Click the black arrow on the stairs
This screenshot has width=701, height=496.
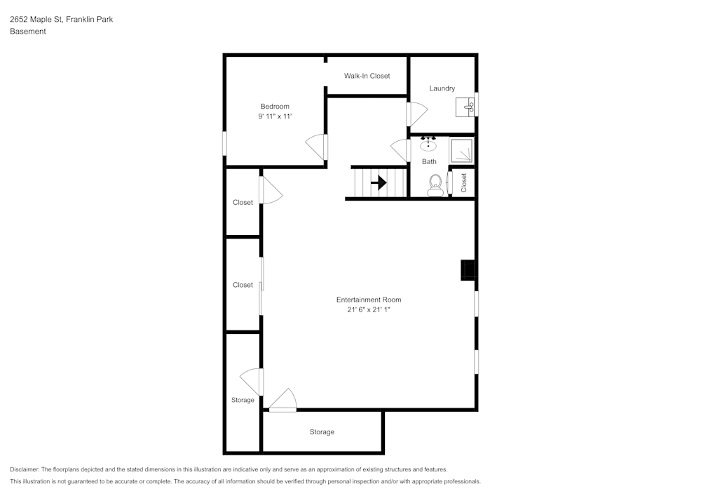point(379,183)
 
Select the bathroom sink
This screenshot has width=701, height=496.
point(428,145)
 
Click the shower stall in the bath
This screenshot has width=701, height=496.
point(461,151)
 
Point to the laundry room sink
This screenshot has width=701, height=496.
point(466,107)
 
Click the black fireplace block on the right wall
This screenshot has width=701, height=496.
point(468,270)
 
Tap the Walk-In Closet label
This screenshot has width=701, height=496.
point(367,76)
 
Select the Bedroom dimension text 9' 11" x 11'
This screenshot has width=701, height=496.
point(275,116)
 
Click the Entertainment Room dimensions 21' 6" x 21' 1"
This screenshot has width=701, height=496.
point(369,309)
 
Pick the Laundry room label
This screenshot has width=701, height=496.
point(442,88)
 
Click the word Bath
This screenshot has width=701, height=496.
point(429,162)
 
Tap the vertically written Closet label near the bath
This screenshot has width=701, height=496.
point(464,182)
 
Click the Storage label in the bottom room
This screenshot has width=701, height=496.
point(322,432)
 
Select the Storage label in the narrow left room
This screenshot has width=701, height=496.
point(243,401)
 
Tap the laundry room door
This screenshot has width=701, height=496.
point(416,112)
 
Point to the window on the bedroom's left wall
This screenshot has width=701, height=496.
point(225,143)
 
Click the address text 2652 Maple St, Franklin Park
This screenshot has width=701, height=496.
point(61,20)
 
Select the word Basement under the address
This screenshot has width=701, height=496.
point(28,32)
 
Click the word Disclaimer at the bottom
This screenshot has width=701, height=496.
point(25,469)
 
